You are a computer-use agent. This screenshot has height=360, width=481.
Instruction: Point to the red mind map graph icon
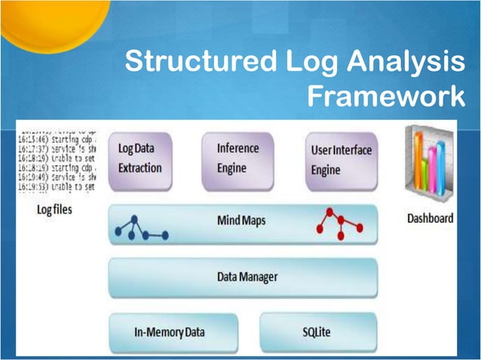tap(339, 221)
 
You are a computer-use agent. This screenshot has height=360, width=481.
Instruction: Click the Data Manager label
tap(246, 277)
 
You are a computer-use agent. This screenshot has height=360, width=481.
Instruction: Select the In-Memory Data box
tap(173, 331)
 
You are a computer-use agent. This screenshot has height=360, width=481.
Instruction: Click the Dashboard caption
tap(430, 218)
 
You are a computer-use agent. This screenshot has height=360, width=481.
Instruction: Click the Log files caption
tap(54, 209)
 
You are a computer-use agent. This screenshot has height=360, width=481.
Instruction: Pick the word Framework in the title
tap(387, 98)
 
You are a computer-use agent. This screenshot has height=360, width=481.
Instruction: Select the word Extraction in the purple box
tap(140, 167)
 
